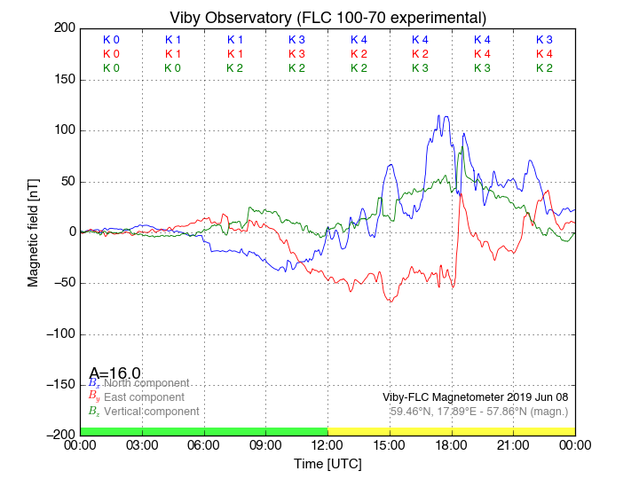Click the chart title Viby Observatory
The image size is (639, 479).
point(327,18)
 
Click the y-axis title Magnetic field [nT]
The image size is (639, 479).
point(33,231)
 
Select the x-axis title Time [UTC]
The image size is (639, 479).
point(327,464)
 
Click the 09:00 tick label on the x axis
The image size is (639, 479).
point(265,446)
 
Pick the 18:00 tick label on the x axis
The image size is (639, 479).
point(451,446)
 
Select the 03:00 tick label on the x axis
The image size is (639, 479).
point(142,446)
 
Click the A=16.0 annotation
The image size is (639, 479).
point(114,373)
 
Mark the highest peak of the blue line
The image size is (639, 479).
point(438,115)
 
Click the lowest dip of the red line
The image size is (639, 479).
point(390,302)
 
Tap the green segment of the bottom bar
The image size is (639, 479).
point(203,430)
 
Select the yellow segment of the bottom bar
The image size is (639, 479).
point(451,430)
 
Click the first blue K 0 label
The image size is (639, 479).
point(111,40)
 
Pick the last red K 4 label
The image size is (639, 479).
point(544,54)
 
